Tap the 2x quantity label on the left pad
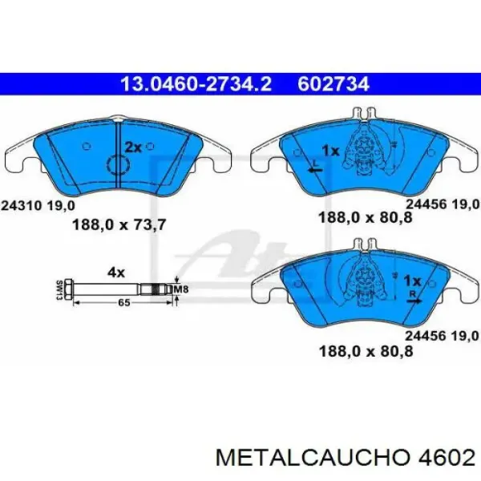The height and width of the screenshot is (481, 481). point(132,148)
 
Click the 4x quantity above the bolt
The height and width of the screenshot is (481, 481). point(116,272)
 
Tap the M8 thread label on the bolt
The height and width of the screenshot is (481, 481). point(182,289)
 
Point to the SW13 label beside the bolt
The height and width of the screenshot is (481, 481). point(60,289)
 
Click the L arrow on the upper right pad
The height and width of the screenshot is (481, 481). point(314,167)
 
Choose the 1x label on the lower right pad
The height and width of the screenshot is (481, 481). point(411,281)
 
